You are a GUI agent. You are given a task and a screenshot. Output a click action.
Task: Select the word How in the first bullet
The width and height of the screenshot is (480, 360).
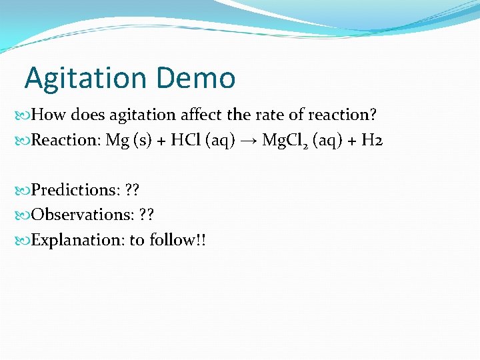pos(49,115)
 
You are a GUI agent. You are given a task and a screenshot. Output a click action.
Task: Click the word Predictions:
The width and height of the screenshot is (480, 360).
pos(76,190)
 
